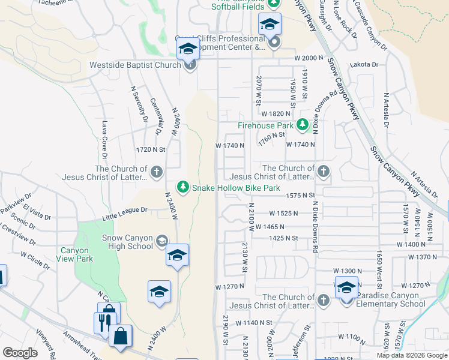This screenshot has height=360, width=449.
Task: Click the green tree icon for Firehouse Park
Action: tap(303, 125)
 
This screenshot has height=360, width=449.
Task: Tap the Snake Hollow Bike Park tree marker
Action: tap(184, 188)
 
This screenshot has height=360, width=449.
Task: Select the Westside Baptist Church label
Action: tap(134, 65)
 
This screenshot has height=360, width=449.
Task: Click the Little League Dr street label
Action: tap(124, 210)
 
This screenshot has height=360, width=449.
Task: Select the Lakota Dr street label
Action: tap(367, 64)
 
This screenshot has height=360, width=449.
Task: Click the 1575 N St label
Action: tap(300, 196)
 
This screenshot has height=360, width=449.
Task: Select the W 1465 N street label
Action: tap(270, 227)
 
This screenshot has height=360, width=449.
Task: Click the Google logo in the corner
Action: tap(20, 353)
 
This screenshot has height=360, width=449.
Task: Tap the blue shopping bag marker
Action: tap(121, 338)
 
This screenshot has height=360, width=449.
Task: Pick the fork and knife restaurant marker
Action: tap(104, 322)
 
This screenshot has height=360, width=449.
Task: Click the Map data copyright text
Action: tap(412, 355)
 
